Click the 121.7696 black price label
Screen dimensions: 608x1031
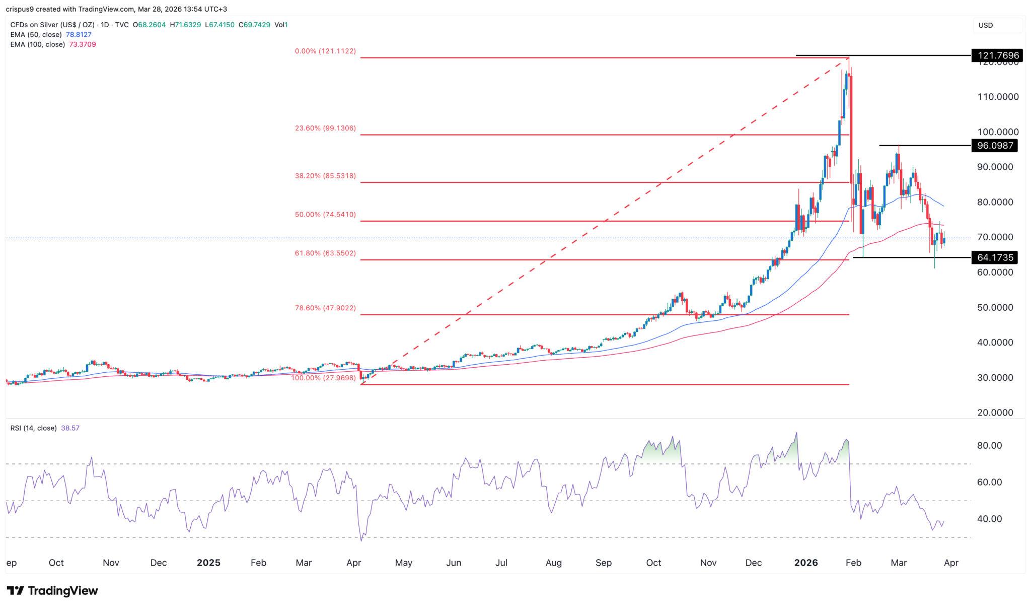[997, 55]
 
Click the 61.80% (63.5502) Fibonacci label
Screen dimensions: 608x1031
[325, 253]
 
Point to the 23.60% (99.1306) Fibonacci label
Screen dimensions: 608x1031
[325, 128]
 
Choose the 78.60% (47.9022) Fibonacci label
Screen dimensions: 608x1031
[325, 308]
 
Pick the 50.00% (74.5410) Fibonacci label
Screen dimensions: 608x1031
[325, 215]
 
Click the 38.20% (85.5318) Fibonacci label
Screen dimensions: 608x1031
[325, 176]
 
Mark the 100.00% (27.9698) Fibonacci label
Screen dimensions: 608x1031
[323, 378]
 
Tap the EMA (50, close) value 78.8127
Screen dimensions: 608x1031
[79, 35]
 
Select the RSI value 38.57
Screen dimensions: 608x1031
[70, 428]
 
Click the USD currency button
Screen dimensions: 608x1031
[985, 25]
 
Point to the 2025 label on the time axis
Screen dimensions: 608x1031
[208, 563]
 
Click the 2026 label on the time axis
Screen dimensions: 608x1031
[806, 563]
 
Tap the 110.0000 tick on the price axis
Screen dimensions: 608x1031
[998, 97]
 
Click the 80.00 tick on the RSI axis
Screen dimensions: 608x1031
[989, 446]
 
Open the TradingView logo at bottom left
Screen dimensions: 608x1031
[52, 590]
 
